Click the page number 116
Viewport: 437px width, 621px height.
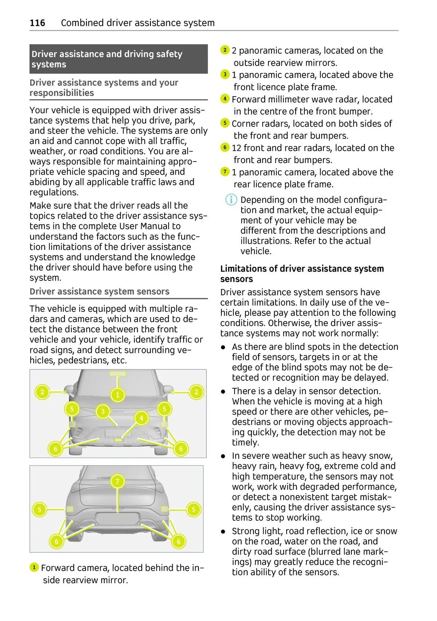click(37, 23)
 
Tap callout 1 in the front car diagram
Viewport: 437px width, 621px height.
click(118, 395)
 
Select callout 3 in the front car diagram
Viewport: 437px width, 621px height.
click(103, 412)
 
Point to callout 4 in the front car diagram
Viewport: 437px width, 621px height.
click(142, 418)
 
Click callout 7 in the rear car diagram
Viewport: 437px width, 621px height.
click(117, 481)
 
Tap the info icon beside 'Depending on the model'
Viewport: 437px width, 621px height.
click(231, 200)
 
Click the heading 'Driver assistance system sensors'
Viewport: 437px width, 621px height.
click(99, 292)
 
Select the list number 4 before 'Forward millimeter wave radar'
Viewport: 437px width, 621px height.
click(225, 99)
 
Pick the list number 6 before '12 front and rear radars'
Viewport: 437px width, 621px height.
click(225, 148)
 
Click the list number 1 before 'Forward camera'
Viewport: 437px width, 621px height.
click(34, 567)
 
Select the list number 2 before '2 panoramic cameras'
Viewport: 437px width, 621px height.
click(225, 50)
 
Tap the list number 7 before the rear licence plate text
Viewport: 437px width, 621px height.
click(225, 172)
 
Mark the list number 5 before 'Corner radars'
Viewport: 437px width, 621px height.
click(225, 123)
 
